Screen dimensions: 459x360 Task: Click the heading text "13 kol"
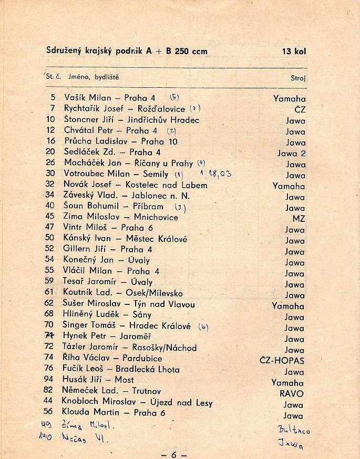point(293,52)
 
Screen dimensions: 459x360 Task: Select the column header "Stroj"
point(297,78)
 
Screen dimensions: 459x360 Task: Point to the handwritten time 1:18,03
point(215,173)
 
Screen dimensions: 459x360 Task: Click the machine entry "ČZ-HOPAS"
point(282,361)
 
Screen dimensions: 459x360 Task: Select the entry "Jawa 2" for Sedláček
point(291,154)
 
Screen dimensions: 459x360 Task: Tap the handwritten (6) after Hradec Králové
point(203,327)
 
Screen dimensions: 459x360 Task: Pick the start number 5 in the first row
point(53,98)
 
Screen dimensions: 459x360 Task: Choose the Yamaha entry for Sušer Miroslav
point(287,306)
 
